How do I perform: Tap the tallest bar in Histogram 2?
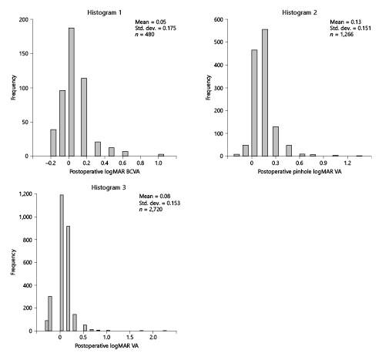[264, 93]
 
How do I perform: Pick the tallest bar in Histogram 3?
[62, 263]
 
